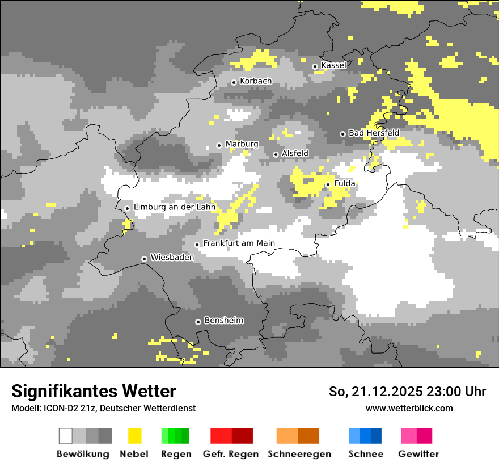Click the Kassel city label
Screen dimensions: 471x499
pos(333,65)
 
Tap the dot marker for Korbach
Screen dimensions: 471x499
pos(234,82)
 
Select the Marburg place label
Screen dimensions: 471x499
pos(242,144)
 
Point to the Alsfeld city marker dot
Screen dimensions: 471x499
pos(276,154)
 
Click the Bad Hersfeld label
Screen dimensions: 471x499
pos(374,133)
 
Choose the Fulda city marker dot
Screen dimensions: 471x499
pos(328,184)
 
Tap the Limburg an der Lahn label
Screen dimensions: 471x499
pos(174,207)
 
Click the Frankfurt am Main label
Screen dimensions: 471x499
pos(239,243)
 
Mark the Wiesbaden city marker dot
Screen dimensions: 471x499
pos(145,259)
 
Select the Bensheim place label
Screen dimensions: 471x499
pos(223,321)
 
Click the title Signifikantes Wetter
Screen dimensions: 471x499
pos(94,391)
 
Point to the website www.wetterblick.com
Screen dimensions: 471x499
pos(409,408)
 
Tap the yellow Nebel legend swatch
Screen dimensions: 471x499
pos(134,436)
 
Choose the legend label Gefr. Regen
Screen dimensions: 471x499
pos(231,454)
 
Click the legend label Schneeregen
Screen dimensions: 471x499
pos(299,454)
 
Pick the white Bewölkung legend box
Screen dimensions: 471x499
pos(66,436)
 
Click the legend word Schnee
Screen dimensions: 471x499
pos(365,454)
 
